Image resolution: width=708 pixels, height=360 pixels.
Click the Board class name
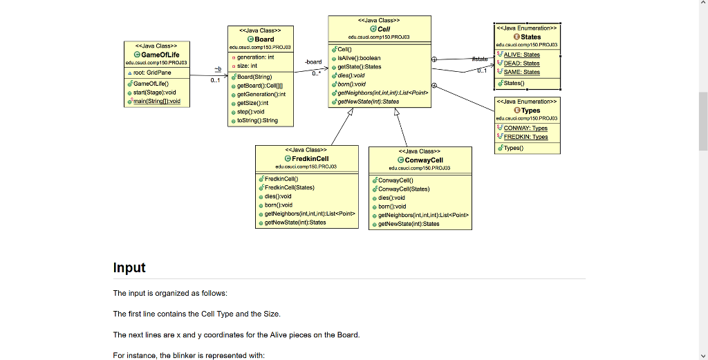pos(264,39)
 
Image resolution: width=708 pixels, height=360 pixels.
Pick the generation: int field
pos(255,57)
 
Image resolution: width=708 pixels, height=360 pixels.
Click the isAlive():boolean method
pos(359,58)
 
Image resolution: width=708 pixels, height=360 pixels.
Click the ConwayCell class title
pos(424,160)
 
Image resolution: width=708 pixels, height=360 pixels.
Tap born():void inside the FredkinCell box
pos(279,205)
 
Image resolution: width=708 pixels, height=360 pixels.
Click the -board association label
pos(313,62)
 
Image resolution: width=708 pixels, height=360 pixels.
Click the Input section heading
pos(129,267)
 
